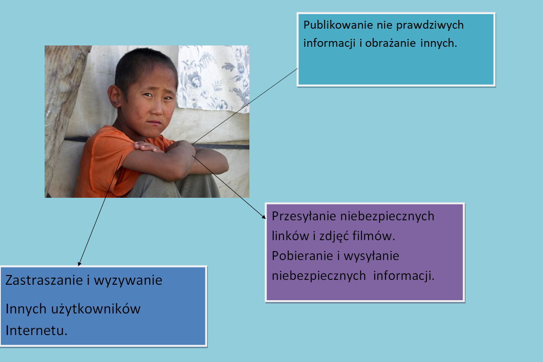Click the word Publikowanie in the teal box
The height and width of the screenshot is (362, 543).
point(338,25)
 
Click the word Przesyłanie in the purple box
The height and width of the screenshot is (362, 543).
point(304,216)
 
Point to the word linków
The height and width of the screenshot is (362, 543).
point(290,236)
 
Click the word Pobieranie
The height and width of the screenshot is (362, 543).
point(302,256)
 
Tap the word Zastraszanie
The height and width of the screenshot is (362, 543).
point(44,280)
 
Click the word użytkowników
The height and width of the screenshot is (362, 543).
point(96,309)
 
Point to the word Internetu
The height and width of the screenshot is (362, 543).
point(36,330)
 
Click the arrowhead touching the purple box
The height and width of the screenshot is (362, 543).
point(264,217)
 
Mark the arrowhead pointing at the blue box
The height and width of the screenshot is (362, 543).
point(79,264)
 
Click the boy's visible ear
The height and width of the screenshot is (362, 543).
point(114,96)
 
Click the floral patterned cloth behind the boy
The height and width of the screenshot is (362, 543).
point(213,78)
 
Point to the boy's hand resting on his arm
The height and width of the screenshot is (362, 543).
point(148,147)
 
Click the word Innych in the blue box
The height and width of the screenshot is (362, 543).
point(26,309)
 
